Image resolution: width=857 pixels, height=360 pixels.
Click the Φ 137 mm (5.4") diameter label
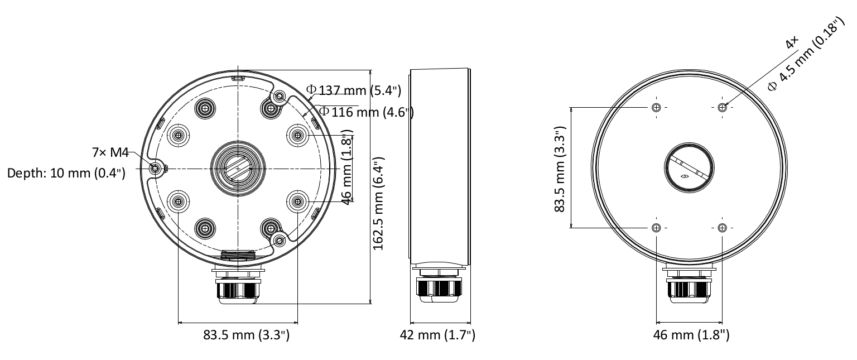pos(354,90)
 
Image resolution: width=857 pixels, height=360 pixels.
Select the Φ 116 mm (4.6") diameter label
pos(366,112)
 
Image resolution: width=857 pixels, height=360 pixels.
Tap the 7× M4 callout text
pos(110,152)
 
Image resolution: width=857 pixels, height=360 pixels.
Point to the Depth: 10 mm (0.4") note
pos(66,173)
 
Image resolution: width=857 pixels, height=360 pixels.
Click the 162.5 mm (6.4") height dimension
pos(378,204)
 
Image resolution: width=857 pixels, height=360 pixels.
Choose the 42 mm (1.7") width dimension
pos(437,335)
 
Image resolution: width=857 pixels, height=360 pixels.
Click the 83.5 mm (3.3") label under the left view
pos(247,335)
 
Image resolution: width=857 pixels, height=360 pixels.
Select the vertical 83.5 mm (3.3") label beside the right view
pos(560,169)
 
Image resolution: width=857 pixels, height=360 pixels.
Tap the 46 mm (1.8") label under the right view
pos(691,335)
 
